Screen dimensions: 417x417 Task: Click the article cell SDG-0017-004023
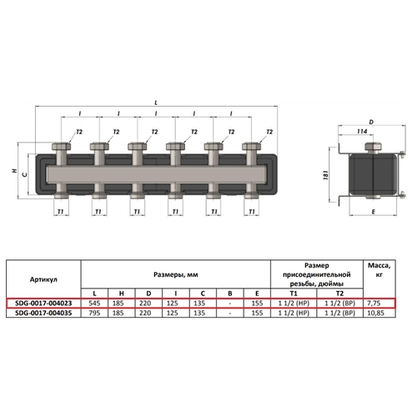tap(43, 303)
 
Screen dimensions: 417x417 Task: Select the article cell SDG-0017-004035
tap(43, 313)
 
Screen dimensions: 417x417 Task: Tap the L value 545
tap(94, 303)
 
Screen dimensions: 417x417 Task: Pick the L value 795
tap(94, 313)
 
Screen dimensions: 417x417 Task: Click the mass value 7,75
tap(374, 303)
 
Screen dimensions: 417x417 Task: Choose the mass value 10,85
tap(375, 313)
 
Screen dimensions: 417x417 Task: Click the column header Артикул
tap(43, 279)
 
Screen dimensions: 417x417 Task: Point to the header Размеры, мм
tap(176, 274)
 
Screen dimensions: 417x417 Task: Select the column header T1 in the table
tap(294, 294)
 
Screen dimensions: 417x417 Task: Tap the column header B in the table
tap(230, 294)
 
